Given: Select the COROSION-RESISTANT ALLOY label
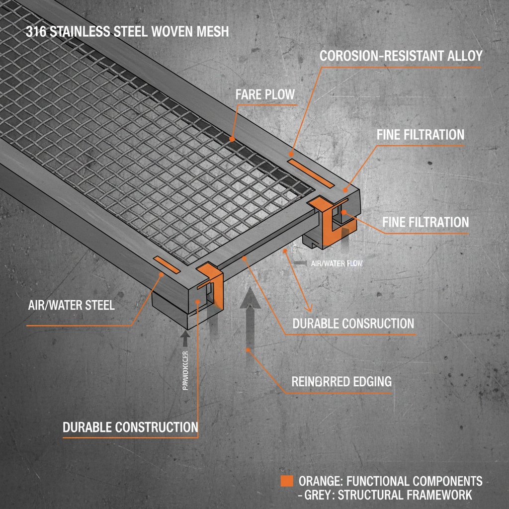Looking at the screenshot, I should [401, 56].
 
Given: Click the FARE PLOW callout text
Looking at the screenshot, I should [265, 94].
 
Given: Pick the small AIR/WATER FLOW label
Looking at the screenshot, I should [337, 263].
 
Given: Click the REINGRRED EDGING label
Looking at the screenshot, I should [341, 382].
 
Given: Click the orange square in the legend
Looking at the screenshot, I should [286, 481].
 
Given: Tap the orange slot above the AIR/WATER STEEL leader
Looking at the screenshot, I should [167, 264].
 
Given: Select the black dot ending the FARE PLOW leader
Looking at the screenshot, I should [232, 139].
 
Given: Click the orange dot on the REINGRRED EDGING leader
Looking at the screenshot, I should [248, 351].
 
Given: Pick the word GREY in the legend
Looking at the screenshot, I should [318, 495].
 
